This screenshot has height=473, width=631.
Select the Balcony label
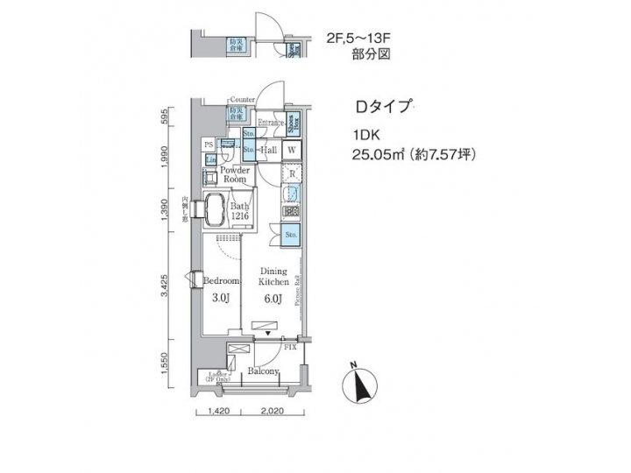click(x=263, y=371)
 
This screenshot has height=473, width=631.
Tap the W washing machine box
click(x=292, y=149)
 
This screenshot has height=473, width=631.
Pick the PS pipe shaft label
click(x=209, y=144)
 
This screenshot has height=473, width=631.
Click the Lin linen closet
click(x=210, y=159)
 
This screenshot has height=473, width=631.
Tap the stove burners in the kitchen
click(x=292, y=211)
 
